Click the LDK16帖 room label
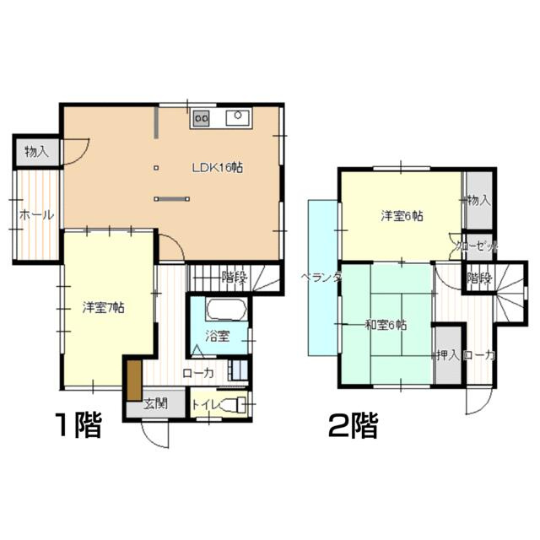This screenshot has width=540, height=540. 217,168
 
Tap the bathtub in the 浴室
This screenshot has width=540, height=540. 226,310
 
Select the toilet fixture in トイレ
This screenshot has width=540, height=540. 234,404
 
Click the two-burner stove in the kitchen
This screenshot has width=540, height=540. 202,118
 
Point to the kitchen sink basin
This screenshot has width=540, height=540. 238,117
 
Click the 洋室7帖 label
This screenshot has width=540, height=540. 103,307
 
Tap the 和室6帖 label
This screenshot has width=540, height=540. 386,325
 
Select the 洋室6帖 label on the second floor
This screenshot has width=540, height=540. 402,216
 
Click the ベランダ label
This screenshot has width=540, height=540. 321,278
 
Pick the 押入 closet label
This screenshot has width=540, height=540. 448,355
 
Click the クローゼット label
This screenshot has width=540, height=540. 476,246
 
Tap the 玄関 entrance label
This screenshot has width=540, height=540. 155,403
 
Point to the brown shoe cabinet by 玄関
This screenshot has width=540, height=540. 134,381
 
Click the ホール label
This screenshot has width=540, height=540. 37,215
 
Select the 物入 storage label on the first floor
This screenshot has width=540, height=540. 37,152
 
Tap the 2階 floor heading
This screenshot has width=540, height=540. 354,425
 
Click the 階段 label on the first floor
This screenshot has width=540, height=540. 235,277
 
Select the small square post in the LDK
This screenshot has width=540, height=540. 156,168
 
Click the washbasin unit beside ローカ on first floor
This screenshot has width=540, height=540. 238,370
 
